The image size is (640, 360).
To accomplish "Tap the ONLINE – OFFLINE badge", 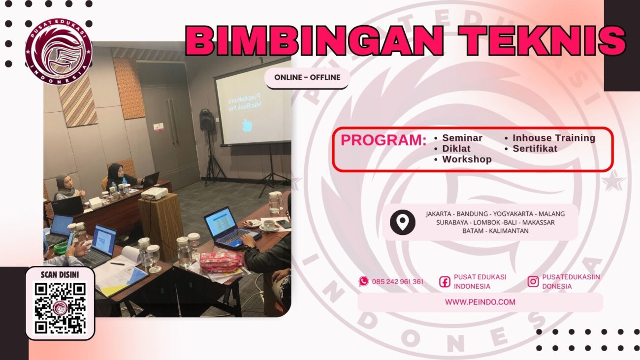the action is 307,77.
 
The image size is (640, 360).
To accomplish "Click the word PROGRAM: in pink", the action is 384,140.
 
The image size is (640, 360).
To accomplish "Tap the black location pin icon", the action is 403,222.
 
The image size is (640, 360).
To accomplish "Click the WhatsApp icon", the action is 363,281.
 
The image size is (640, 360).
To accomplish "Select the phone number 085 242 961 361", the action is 397,282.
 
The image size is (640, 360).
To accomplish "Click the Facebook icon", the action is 445,282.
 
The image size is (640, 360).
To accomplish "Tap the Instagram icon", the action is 533,281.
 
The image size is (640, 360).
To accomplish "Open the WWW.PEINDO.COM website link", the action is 480,302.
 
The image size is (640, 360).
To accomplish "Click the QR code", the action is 60,308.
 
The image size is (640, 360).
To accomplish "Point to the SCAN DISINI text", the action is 60,275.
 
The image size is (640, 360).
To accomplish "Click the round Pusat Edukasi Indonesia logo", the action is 59,52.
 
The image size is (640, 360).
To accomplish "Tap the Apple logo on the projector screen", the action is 246,126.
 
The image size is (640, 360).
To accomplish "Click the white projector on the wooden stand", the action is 155,193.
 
